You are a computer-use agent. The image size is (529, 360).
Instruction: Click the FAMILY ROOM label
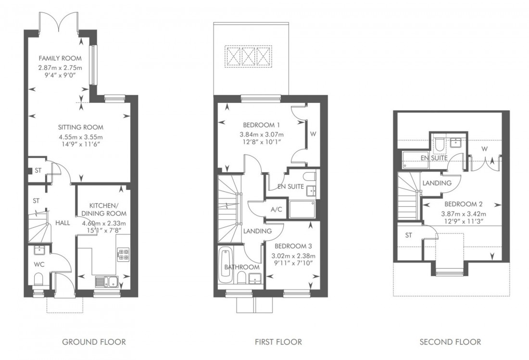pyautogui.click(x=60, y=59)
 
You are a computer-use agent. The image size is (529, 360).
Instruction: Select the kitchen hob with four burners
pyautogui.click(x=123, y=254)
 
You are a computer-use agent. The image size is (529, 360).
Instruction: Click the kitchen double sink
pyautogui.click(x=106, y=281)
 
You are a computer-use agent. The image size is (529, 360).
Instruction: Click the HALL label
pyautogui.click(x=63, y=223)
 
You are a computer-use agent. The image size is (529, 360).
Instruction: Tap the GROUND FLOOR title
pyautogui.click(x=94, y=342)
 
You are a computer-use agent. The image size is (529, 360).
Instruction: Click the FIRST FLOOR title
pyautogui.click(x=278, y=342)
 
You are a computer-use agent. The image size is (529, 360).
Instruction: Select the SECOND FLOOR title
pyautogui.click(x=450, y=342)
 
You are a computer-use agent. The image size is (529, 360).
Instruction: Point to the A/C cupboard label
pyautogui.click(x=276, y=210)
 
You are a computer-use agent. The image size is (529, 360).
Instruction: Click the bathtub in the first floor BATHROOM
pyautogui.click(x=225, y=264)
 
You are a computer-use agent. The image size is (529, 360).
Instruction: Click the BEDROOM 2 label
pyautogui.click(x=463, y=204)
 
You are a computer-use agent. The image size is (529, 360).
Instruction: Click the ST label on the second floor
pyautogui.click(x=409, y=235)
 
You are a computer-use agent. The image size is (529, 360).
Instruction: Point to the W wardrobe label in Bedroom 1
pyautogui.click(x=314, y=134)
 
